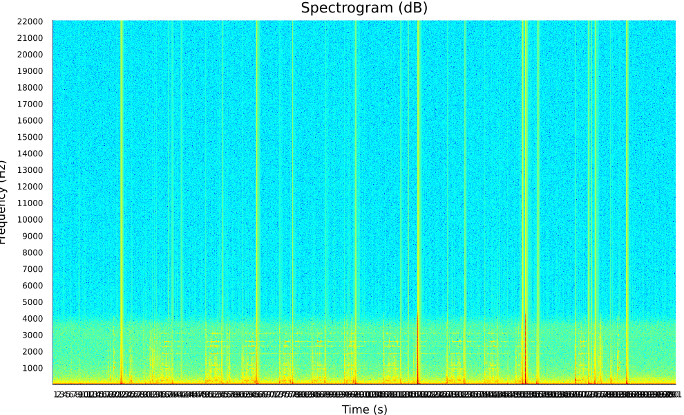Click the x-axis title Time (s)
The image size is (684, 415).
coord(364,409)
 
